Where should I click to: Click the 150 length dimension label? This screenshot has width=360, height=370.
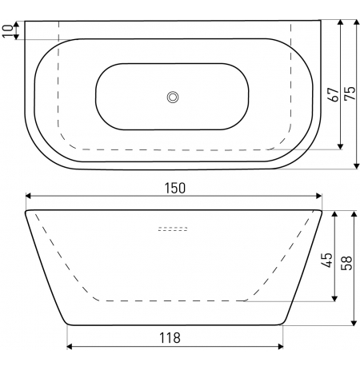point(175,188)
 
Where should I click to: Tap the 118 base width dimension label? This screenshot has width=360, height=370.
point(170,338)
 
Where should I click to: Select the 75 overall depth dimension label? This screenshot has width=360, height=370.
point(350,93)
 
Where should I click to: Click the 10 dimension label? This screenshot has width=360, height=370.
point(8,31)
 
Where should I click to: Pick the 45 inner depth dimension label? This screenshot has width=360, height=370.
point(327,260)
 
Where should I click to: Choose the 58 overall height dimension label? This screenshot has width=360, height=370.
point(346,263)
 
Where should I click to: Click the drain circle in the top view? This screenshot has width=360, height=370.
point(173,97)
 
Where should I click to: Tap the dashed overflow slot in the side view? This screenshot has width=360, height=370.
point(173,229)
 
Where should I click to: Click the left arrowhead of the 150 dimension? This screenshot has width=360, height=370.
point(29,196)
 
